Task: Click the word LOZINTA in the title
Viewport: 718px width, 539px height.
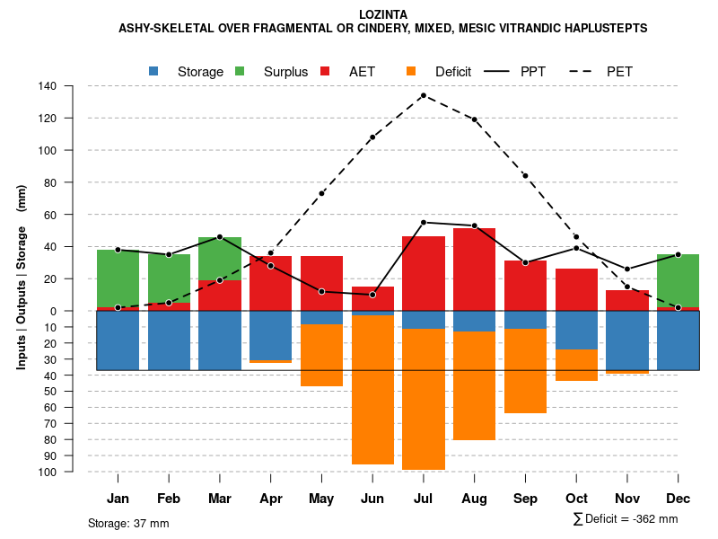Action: point(382,14)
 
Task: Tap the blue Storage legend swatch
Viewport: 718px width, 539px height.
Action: point(154,71)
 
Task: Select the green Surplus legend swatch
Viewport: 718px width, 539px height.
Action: point(241,71)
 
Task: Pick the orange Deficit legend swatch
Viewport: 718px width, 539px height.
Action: point(412,71)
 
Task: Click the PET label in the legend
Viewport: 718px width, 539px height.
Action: point(619,71)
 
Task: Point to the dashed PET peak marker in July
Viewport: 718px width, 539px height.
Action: point(424,95)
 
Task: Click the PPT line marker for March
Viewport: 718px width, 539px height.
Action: point(220,237)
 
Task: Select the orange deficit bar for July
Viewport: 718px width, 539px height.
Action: point(424,399)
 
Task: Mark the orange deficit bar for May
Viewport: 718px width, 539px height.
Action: point(321,355)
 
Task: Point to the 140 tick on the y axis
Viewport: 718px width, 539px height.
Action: point(48,86)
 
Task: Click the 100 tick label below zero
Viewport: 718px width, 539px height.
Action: point(48,472)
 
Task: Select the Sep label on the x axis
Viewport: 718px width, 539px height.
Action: point(525,499)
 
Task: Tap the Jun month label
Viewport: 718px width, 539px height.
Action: point(372,499)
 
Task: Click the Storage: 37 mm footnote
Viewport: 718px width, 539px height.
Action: point(128,523)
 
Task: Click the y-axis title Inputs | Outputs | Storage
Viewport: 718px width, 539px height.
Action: point(22,277)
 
